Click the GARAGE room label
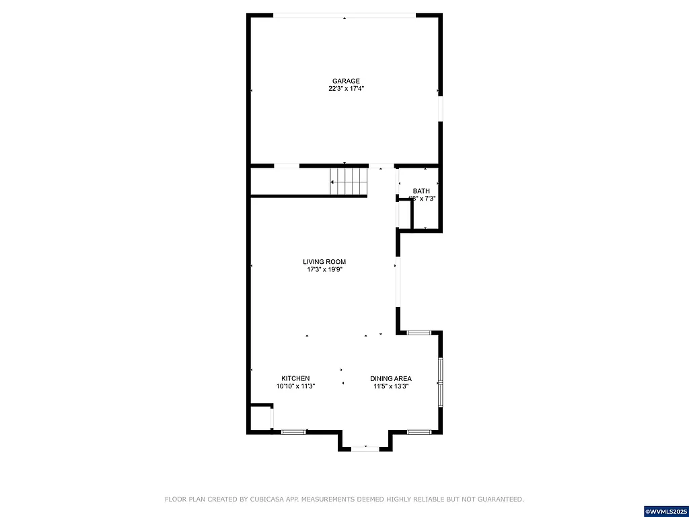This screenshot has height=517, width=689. [x=345, y=81]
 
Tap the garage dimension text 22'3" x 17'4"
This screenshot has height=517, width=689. [x=345, y=89]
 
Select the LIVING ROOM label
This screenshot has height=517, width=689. [x=324, y=262]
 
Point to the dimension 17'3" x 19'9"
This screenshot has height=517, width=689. [x=324, y=270]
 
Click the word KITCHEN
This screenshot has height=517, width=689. [x=295, y=378]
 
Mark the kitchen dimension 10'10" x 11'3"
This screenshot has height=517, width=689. [x=295, y=386]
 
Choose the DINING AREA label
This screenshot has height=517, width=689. [x=391, y=378]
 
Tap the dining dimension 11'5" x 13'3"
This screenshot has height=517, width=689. [x=391, y=386]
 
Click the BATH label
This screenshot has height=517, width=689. [x=421, y=191]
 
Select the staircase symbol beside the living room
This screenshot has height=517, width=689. [x=349, y=181]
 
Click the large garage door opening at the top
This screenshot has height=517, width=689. [x=344, y=15]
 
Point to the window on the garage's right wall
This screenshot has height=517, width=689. [x=441, y=109]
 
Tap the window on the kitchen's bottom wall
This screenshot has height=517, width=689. [x=293, y=432]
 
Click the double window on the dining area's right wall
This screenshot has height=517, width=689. [x=441, y=382]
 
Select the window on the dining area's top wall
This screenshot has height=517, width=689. [x=419, y=333]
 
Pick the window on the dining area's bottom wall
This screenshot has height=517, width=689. [x=418, y=432]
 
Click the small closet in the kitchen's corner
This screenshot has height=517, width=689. [x=260, y=418]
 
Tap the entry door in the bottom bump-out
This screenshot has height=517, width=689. [x=365, y=448]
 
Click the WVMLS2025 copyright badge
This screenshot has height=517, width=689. [x=665, y=511]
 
